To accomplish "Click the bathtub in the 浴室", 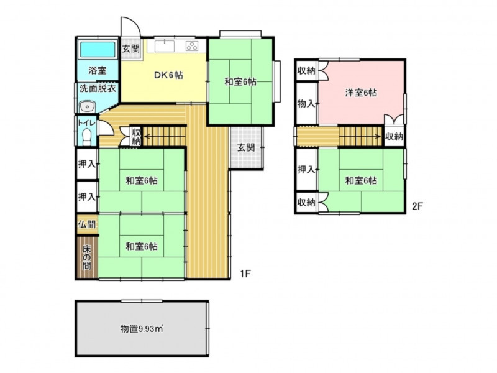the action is [98, 50].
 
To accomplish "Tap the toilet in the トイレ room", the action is [86, 137].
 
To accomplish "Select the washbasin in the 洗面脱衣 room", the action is [87, 106].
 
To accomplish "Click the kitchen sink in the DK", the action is [165, 47].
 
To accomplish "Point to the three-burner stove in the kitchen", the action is [192, 46].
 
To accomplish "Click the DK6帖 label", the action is [168, 75].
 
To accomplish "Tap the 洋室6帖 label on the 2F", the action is [361, 93].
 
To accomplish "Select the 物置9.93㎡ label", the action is [142, 329].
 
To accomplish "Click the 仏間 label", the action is [87, 224].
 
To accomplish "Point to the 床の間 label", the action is [87, 257].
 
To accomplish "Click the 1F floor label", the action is [245, 274].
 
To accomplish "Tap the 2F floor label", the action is [417, 206].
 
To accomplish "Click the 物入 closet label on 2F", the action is [306, 103].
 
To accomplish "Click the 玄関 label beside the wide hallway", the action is [246, 147].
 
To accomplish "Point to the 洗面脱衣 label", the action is [98, 88].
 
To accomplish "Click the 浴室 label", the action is [98, 70].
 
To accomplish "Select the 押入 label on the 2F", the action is [306, 170].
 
